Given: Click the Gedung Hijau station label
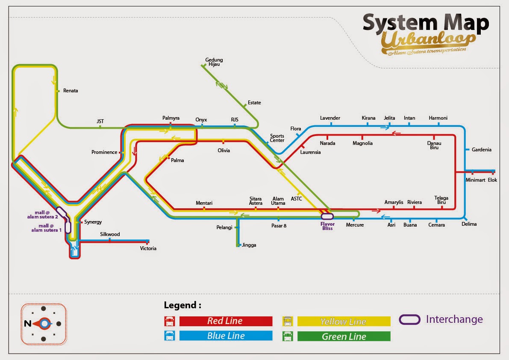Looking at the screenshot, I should pos(214,62).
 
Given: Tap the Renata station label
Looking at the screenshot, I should pos(71,91).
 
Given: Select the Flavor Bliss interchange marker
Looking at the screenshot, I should pos(327,216).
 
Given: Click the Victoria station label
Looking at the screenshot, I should pos(148,248).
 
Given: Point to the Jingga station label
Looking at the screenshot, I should pos(249,245).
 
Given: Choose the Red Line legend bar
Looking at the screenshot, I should pos(226,321).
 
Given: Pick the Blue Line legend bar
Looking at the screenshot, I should pos(226,336).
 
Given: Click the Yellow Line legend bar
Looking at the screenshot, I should pos(344,322).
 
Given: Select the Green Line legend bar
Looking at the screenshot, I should pos(344,336).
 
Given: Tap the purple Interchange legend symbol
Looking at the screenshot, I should pos(409,319).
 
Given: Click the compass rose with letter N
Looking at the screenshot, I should pos(44,324).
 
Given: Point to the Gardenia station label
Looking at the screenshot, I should pos(481,150).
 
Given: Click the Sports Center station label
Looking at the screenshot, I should pos(277,138).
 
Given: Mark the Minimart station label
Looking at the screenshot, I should pos(475,180).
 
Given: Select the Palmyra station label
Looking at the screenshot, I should pos(171,118).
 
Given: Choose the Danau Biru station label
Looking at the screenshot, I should pos(434,145).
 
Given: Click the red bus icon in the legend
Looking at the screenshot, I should pos(170,321).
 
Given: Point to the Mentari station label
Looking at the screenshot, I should pos(204,203).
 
